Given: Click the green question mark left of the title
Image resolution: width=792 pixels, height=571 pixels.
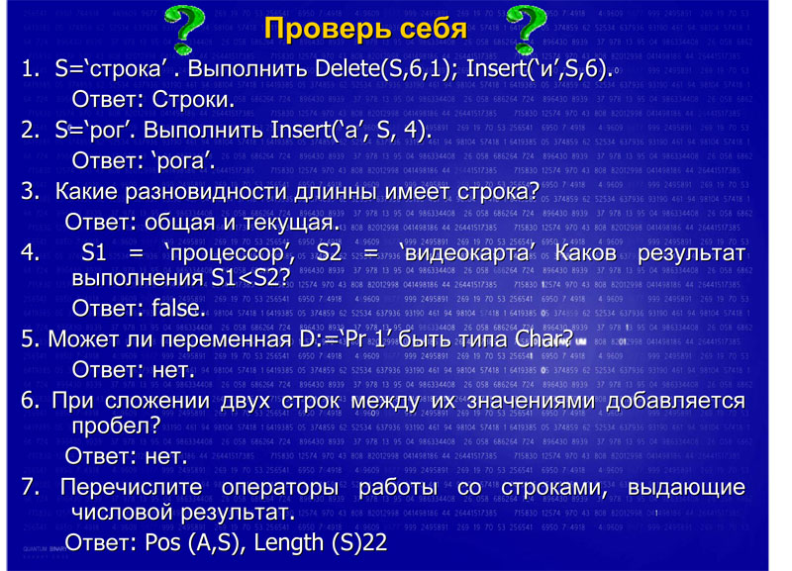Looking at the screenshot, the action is [x=185, y=31].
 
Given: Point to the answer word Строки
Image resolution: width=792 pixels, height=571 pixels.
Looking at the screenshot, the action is [x=193, y=100].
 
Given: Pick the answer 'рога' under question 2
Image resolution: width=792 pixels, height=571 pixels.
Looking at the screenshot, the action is [x=183, y=161].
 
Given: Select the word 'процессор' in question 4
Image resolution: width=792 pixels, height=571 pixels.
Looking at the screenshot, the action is [x=230, y=253].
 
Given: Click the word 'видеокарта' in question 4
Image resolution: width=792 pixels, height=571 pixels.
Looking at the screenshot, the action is [x=466, y=253].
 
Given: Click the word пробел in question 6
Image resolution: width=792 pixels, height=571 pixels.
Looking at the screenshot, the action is [x=116, y=427].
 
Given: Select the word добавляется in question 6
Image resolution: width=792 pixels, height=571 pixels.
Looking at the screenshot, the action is [x=676, y=401].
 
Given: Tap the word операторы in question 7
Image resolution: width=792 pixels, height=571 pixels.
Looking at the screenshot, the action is [x=280, y=488].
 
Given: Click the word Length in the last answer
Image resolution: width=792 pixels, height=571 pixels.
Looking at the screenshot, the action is [x=288, y=543].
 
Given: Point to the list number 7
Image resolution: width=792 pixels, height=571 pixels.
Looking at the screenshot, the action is [x=30, y=487].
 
